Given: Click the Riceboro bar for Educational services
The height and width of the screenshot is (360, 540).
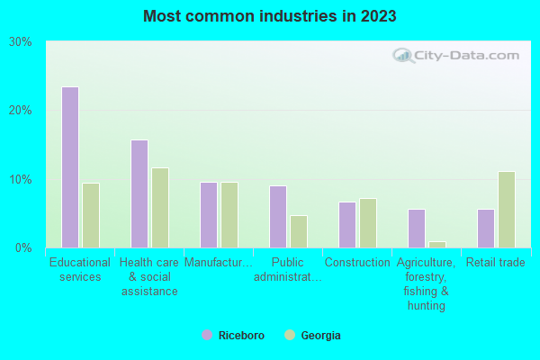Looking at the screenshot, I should pyautogui.click(x=70, y=167).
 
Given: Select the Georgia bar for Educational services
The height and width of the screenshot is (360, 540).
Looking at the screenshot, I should pyautogui.click(x=91, y=215).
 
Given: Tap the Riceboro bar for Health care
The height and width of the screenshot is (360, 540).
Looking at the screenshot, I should pyautogui.click(x=139, y=193).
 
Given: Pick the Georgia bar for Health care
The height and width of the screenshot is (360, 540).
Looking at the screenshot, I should pyautogui.click(x=160, y=208).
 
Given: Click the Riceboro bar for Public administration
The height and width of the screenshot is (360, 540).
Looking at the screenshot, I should pyautogui.click(x=278, y=217).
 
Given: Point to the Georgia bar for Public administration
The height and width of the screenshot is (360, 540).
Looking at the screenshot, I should pyautogui.click(x=299, y=231).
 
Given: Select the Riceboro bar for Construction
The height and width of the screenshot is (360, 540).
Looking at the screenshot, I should pyautogui.click(x=347, y=225).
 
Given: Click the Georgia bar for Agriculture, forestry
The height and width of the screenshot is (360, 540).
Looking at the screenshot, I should pyautogui.click(x=437, y=244).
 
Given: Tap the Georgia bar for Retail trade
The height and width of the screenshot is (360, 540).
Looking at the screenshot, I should pyautogui.click(x=507, y=210).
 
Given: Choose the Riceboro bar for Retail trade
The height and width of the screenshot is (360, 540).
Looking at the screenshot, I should pyautogui.click(x=486, y=229).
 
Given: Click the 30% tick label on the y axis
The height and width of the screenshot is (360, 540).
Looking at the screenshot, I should pyautogui.click(x=21, y=42).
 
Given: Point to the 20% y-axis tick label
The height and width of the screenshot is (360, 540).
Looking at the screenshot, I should pyautogui.click(x=21, y=111).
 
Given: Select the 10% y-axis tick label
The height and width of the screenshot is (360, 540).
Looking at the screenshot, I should pyautogui.click(x=21, y=179).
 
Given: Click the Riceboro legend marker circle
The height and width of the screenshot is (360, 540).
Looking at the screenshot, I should pyautogui.click(x=207, y=335).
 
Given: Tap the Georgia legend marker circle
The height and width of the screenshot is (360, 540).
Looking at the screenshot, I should pyautogui.click(x=289, y=335).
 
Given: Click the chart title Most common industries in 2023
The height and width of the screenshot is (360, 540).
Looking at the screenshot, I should pyautogui.click(x=269, y=16).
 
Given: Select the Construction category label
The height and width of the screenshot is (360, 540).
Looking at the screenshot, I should pyautogui.click(x=357, y=263).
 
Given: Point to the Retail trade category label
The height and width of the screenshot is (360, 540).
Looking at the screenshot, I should pyautogui.click(x=496, y=263).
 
